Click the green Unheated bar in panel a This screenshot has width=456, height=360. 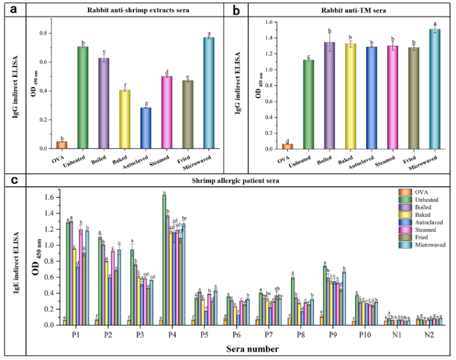(83, 97)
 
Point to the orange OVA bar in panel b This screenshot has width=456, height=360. (288, 146)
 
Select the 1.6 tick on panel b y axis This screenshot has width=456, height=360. (269, 22)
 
